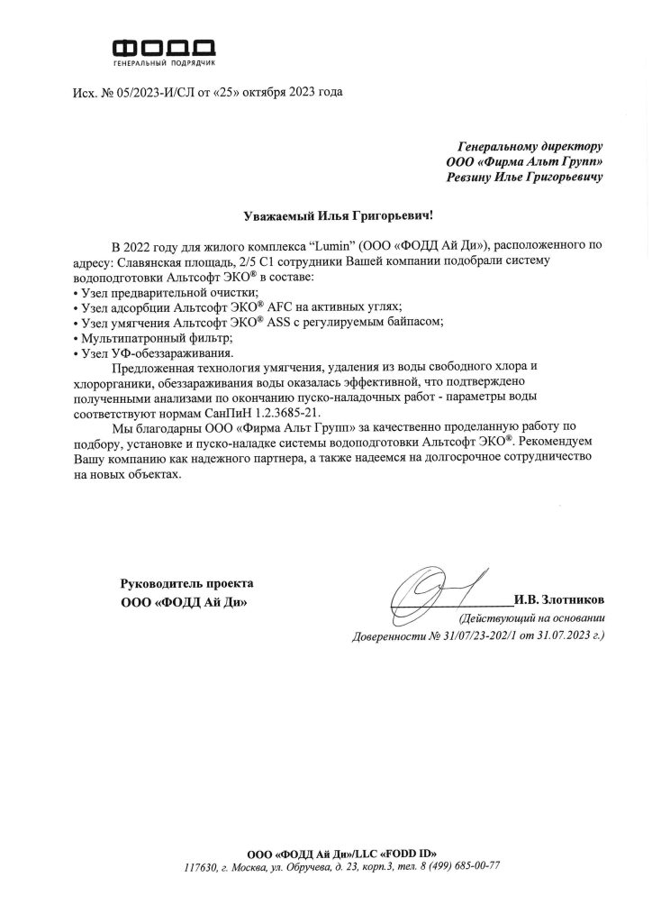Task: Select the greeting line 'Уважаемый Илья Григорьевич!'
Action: [x=325, y=215]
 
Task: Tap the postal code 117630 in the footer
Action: [x=200, y=866]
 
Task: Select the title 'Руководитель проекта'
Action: [x=187, y=584]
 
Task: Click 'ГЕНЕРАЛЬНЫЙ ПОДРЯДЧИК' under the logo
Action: [x=164, y=66]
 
